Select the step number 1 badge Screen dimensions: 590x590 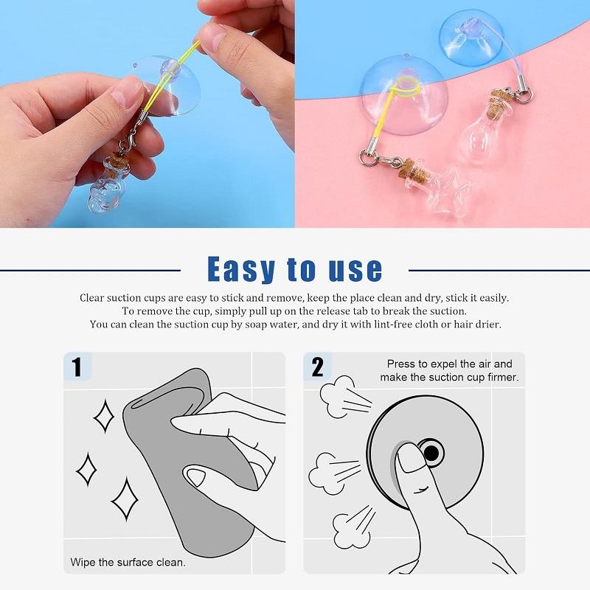(x=76, y=367)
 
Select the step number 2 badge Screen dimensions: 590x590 (x=317, y=367)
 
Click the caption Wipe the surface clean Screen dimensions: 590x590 (x=128, y=562)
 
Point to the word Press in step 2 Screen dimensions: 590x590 (x=400, y=364)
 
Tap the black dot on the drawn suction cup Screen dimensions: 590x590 (x=430, y=451)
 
